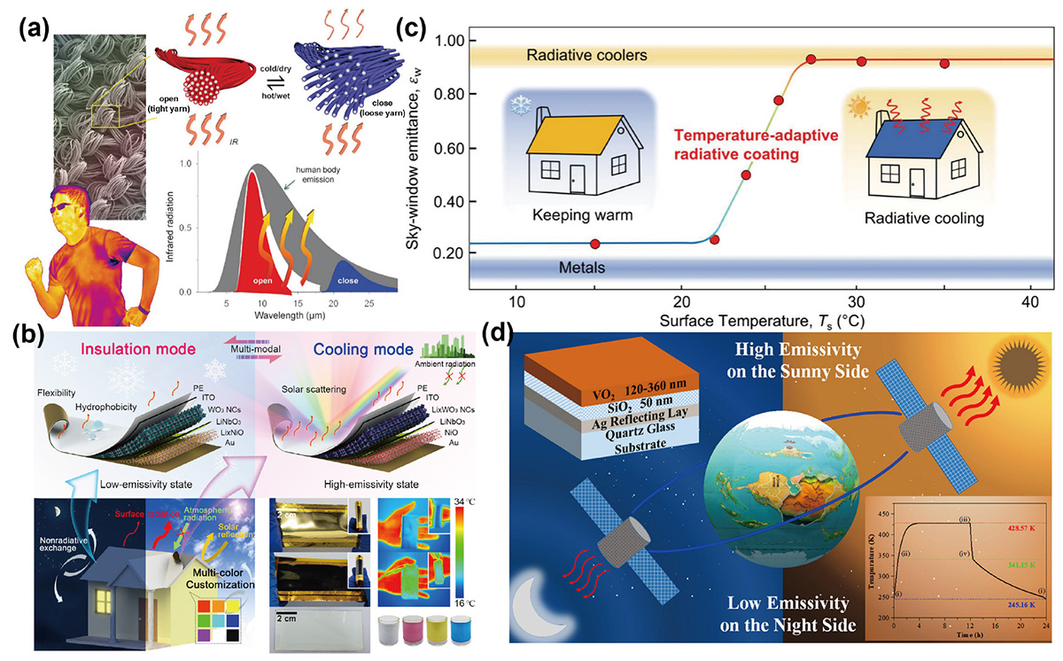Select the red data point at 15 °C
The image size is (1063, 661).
[595, 244]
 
